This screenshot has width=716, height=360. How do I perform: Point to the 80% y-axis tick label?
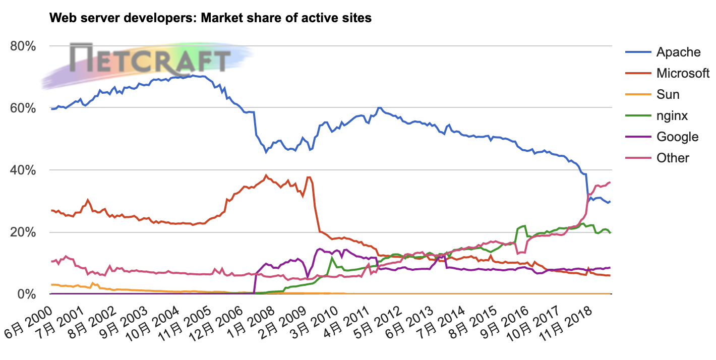click(23, 46)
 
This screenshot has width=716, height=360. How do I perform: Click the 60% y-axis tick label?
click(23, 108)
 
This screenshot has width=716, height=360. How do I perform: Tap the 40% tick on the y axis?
click(23, 170)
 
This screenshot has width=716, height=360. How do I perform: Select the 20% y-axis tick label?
click(23, 232)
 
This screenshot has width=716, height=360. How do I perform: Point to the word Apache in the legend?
click(678, 52)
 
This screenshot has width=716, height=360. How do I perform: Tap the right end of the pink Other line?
click(610, 182)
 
